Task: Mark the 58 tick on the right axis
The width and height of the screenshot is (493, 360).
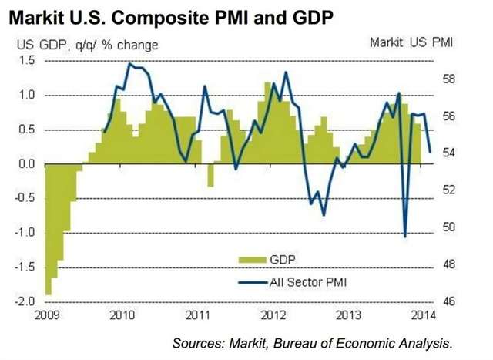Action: [x=451, y=79]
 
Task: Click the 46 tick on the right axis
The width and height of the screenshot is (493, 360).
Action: [x=451, y=301]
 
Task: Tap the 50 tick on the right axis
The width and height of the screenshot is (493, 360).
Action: [x=451, y=227]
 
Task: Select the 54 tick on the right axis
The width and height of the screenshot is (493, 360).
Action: [x=451, y=153]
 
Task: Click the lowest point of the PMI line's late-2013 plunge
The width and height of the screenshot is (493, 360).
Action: [x=405, y=236]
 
